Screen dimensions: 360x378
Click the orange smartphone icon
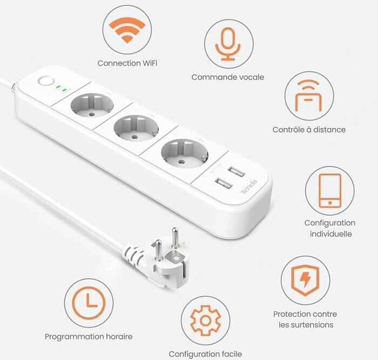329,190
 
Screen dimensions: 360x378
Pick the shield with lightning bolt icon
305,279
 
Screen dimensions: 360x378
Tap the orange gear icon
205,321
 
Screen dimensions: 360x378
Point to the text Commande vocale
228,77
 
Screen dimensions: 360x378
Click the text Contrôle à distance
309,130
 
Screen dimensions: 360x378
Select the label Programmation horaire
89,337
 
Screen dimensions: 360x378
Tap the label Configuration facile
205,354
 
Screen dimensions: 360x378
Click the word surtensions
306,325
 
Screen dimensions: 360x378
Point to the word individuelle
330,234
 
